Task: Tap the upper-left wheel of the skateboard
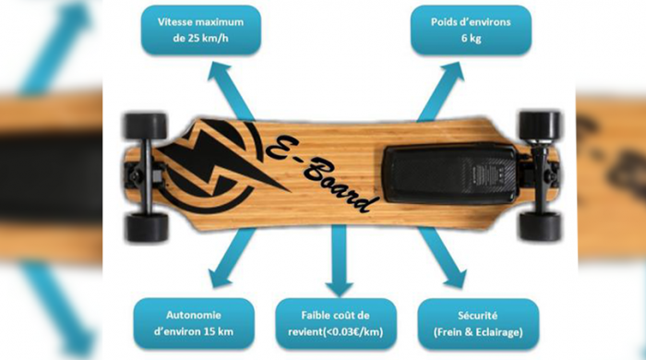(x=146, y=126)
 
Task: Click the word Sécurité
(x=477, y=314)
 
